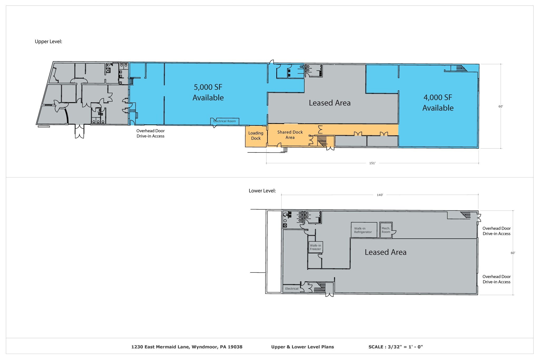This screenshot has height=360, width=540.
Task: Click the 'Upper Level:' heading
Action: [48, 42]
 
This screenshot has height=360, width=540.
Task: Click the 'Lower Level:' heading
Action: [262, 191]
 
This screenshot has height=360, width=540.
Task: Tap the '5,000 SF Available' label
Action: [208, 92]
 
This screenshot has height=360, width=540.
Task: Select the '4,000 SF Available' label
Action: [438, 103]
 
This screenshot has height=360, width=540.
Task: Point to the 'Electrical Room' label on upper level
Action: [224, 121]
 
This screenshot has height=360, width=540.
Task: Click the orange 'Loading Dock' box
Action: [256, 136]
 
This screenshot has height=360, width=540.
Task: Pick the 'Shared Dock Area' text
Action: [290, 135]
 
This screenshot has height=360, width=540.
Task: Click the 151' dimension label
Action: [372, 163]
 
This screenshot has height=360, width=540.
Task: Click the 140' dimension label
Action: [380, 195]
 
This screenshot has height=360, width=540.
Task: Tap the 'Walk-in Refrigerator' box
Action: [363, 230]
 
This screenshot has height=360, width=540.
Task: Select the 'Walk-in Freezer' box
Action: [315, 247]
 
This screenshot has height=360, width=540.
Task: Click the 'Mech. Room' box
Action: [386, 230]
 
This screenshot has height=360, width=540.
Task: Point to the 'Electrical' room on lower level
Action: [292, 289]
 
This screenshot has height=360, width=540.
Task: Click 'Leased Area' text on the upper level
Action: [330, 103]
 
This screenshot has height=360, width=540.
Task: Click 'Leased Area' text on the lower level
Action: [385, 252]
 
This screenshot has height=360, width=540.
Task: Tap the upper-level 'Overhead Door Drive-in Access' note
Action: [150, 133]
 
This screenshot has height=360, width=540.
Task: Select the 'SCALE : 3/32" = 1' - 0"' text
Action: [396, 347]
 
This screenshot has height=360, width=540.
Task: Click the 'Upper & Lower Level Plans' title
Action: [302, 347]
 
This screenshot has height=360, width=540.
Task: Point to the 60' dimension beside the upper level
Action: [500, 107]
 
